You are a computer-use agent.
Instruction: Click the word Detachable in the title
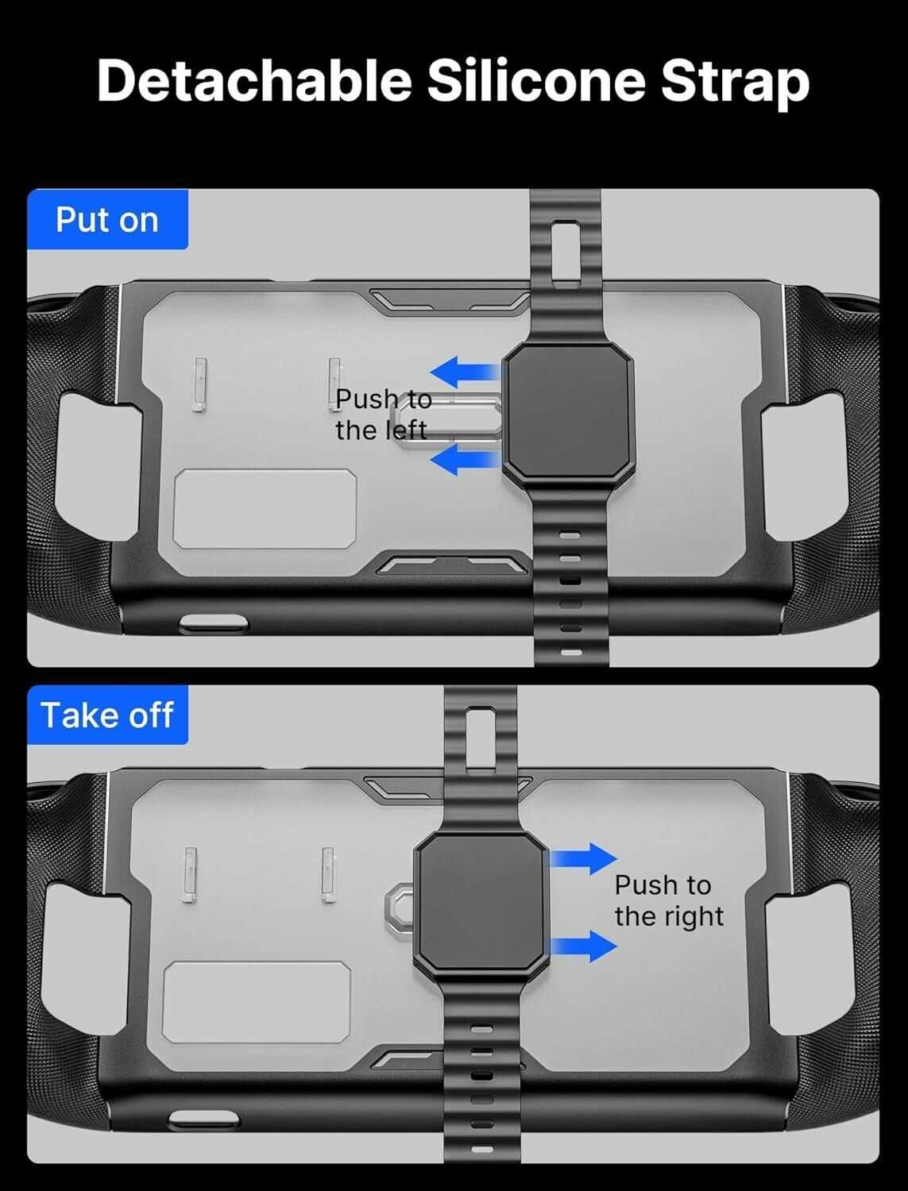[x=254, y=80]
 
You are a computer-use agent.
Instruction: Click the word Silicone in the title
[x=536, y=80]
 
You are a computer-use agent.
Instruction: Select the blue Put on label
[x=107, y=219]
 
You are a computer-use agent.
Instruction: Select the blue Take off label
[x=107, y=715]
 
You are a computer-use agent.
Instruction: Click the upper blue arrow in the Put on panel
[x=465, y=372]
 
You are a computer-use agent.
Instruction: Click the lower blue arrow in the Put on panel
[x=465, y=460]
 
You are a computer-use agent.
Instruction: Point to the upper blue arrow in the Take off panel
[x=584, y=858]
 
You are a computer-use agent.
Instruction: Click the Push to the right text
[x=669, y=901]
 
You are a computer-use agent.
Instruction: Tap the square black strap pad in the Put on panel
[x=568, y=412]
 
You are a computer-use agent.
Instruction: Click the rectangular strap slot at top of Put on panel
[x=566, y=252]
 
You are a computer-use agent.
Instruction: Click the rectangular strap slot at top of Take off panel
[x=481, y=738]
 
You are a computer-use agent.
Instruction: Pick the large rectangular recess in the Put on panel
[x=265, y=509]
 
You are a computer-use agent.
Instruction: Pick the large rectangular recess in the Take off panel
[x=257, y=1002]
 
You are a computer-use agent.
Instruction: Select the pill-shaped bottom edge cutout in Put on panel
[x=213, y=623]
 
